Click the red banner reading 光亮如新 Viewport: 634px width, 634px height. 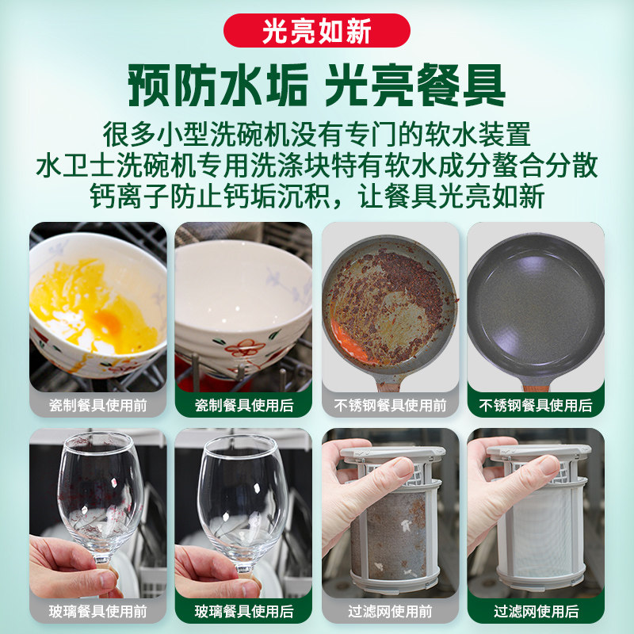click(317, 30)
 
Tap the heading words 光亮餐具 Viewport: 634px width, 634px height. click(415, 86)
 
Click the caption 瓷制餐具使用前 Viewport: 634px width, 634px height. click(98, 405)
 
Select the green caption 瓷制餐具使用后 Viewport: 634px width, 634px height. click(243, 405)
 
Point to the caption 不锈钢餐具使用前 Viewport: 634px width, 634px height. click(390, 405)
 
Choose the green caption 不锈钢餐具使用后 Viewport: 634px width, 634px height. click(536, 405)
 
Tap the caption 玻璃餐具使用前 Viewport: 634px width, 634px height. click(98, 611)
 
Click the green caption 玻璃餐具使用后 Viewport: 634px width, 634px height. click(243, 611)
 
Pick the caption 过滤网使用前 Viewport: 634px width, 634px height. click(390, 611)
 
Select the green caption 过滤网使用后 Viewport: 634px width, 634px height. click(536, 611)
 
